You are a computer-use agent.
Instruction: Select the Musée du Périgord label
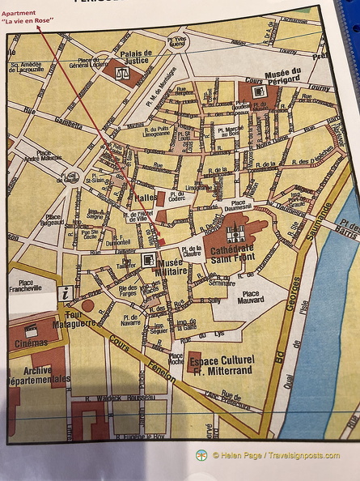coord(271,75)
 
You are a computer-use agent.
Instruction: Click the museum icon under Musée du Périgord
coord(259,92)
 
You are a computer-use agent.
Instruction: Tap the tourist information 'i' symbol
coord(65,295)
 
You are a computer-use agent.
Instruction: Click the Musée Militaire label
coord(172,267)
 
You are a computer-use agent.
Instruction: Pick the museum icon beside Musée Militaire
coord(148,259)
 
